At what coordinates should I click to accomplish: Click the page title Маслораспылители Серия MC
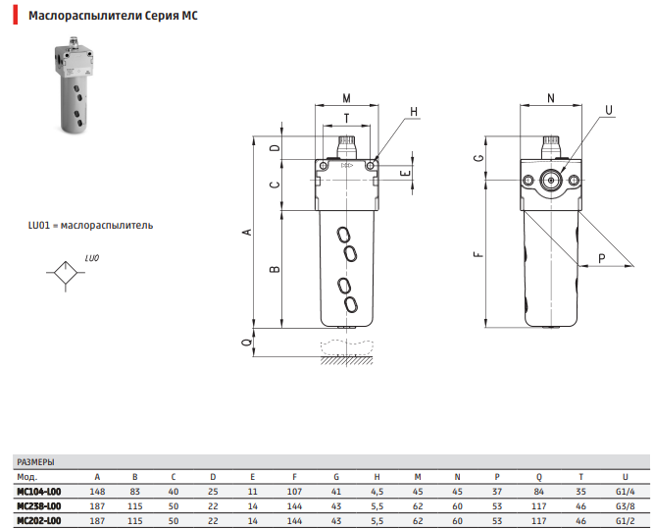pos(113,17)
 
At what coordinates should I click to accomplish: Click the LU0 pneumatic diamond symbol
pos(64,273)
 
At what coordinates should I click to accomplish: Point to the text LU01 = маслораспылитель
pos(89,225)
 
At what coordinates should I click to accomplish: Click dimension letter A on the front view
pos(247,232)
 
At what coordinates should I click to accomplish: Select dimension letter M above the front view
pos(347,96)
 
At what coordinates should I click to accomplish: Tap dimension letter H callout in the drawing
pos(414,112)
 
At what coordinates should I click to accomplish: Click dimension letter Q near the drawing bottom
pos(246,344)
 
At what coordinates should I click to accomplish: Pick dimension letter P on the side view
pos(601,258)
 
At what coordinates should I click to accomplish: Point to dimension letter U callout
pos(610,110)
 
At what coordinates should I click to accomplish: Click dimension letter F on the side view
pos(477,254)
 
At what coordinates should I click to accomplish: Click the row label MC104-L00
pos(38,491)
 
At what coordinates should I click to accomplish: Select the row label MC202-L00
pos(38,520)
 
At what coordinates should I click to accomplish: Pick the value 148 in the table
pos(97,491)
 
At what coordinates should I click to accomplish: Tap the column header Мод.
pos(26,476)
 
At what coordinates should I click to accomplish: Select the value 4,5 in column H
pos(377,491)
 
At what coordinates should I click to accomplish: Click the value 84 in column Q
pos(538,491)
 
